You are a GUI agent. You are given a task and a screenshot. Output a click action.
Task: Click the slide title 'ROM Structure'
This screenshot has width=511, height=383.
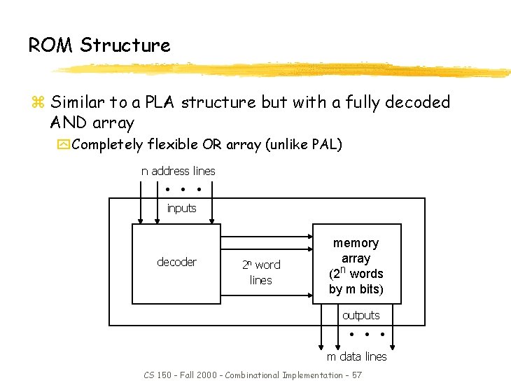[x=99, y=46]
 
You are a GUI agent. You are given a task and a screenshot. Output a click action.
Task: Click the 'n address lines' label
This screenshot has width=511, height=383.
[x=178, y=171]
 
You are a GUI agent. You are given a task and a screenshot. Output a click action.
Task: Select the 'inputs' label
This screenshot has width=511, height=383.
[x=181, y=208]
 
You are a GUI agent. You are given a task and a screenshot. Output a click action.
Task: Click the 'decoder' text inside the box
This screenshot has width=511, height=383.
[x=176, y=262]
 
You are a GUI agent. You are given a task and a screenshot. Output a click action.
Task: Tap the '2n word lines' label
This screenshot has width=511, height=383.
[x=260, y=272]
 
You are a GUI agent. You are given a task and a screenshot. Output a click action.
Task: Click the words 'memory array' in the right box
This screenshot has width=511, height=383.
[x=356, y=250]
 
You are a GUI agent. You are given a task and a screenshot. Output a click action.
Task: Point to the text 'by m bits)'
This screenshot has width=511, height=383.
[x=356, y=289]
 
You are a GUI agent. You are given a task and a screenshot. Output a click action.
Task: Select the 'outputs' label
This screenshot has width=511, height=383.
[x=360, y=315]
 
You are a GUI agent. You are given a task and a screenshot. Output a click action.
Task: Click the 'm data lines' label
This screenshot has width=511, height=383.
[x=356, y=356]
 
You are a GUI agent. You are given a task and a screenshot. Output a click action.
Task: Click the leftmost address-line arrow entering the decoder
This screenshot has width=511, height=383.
[x=141, y=203]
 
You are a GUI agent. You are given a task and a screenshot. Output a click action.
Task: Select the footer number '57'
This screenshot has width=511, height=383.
[x=356, y=375]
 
